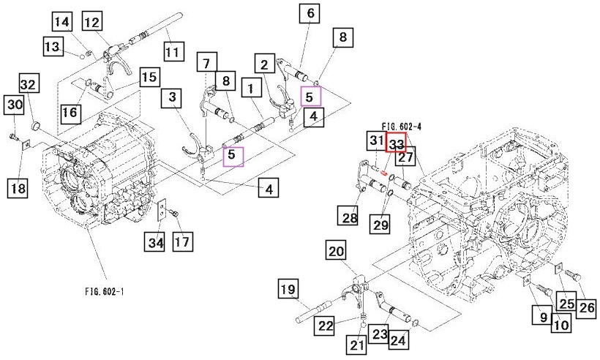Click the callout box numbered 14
[x=62, y=21]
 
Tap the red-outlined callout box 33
[x=396, y=142]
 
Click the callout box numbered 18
[x=18, y=188]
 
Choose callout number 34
[x=155, y=241]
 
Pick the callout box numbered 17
[x=182, y=241]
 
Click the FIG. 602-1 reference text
[x=105, y=291]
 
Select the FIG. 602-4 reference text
[x=402, y=127]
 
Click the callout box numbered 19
[x=288, y=289]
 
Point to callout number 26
[x=586, y=307]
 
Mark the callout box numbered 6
[x=310, y=13]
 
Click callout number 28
[x=348, y=216]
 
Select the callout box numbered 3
[x=172, y=97]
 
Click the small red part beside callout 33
[x=383, y=173]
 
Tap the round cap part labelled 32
[x=36, y=127]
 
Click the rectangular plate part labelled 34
[x=162, y=211]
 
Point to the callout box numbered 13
[x=53, y=46]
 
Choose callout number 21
[x=356, y=345]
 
